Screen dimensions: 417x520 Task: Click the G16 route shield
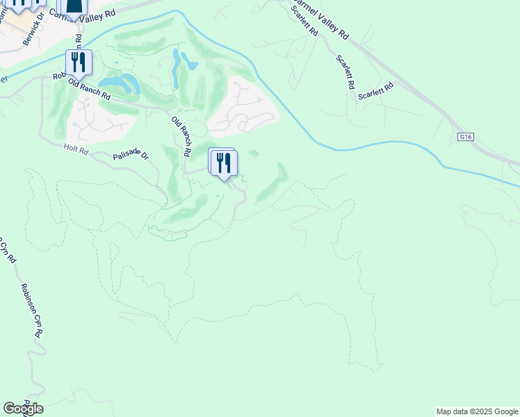click(466, 137)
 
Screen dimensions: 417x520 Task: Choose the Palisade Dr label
click(131, 154)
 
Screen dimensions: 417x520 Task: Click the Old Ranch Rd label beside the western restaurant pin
click(89, 88)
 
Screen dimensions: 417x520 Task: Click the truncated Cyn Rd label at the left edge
click(8, 250)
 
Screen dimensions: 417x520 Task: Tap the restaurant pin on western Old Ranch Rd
click(79, 63)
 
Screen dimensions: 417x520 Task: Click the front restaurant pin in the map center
click(224, 164)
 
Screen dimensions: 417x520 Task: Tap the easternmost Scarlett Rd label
click(376, 91)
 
